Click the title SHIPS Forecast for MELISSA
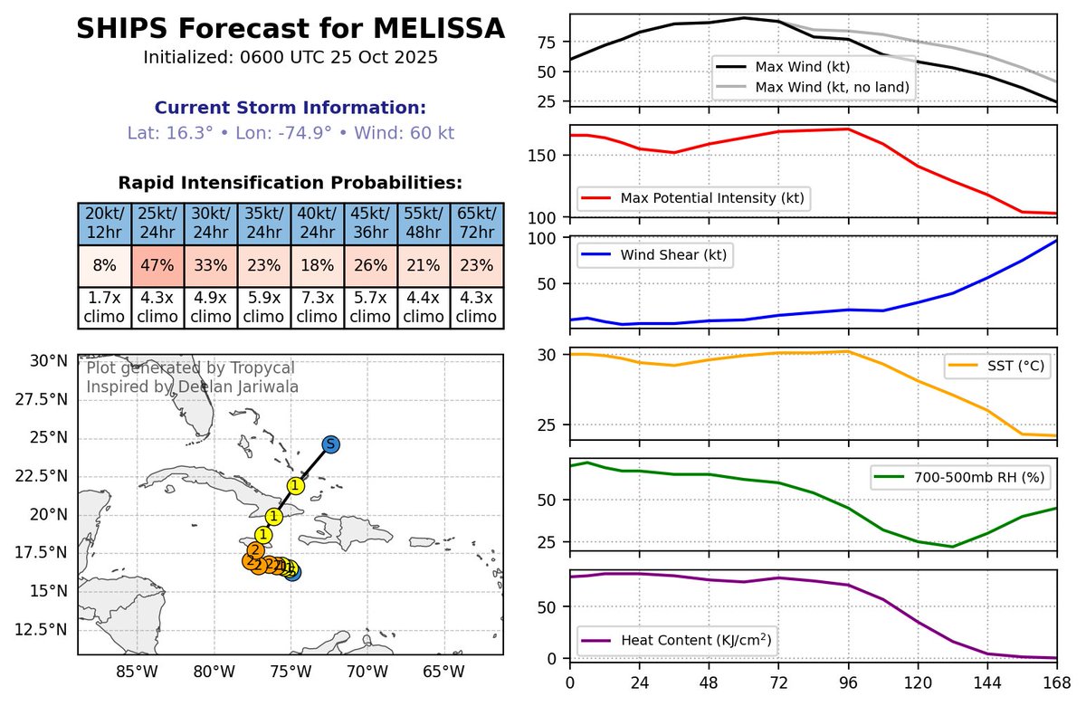coord(291,29)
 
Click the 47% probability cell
coord(157,267)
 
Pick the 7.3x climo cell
coord(317,308)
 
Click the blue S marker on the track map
coord(331,444)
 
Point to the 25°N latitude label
coord(51,437)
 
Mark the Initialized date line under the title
coord(291,57)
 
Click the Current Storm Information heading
coord(291,108)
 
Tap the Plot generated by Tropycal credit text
coord(190,368)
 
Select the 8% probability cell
coord(104,267)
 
